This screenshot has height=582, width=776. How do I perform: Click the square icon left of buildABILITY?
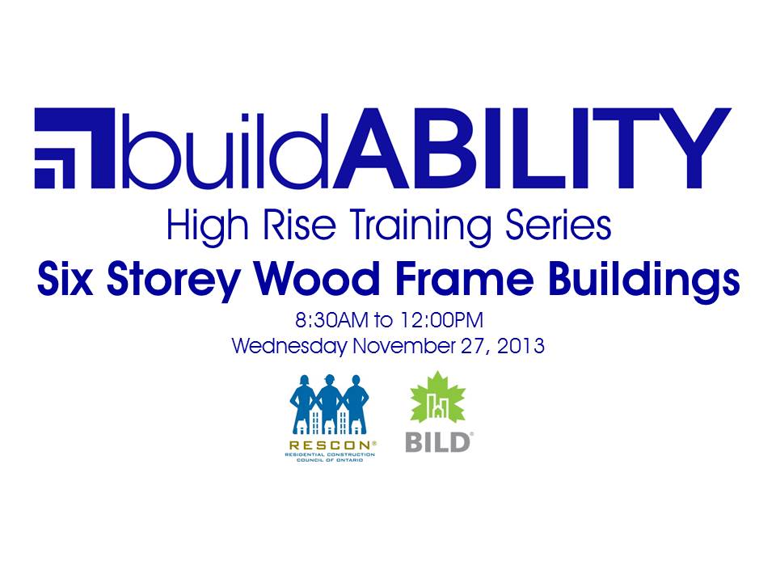[x=74, y=148]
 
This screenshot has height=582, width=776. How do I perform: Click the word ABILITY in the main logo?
[x=532, y=148]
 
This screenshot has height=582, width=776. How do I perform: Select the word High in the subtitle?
[x=208, y=226]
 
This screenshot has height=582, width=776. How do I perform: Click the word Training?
[x=420, y=226]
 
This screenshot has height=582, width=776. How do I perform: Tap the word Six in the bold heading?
[x=65, y=278]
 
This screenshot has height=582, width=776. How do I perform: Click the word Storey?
[x=174, y=281]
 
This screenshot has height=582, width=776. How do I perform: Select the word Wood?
[x=317, y=278]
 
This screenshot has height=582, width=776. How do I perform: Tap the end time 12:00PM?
[x=442, y=320]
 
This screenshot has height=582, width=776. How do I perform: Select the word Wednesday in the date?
[x=289, y=346]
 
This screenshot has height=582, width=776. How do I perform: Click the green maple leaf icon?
[x=437, y=398]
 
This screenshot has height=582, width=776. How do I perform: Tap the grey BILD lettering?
[x=437, y=442]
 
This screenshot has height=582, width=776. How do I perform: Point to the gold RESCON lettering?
[x=330, y=445]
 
